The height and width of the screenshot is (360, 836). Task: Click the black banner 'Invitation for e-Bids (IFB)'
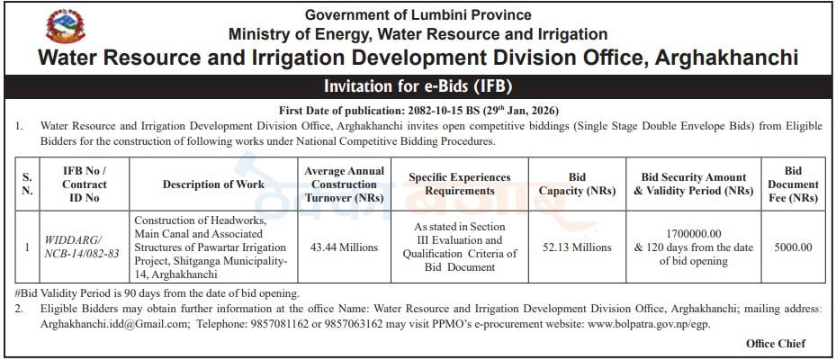(x=418, y=87)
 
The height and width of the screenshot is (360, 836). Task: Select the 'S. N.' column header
(x=28, y=184)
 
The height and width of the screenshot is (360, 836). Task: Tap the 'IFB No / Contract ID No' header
(x=85, y=184)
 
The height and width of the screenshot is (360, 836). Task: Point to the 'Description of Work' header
(x=213, y=184)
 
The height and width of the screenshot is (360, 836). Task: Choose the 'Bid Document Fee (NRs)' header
(x=793, y=184)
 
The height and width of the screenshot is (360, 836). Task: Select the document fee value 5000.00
(x=793, y=247)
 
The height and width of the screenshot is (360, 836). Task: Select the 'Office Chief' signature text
(x=776, y=344)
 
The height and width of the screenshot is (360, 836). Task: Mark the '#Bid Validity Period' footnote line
(x=157, y=293)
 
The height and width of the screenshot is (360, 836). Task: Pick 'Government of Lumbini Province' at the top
(x=418, y=14)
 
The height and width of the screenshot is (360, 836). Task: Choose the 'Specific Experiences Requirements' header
(x=460, y=184)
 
